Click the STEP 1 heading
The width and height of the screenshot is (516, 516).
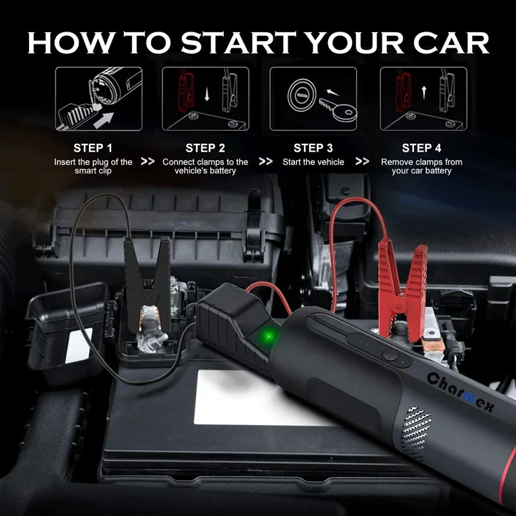point(93,148)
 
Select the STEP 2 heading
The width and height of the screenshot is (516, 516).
point(205,148)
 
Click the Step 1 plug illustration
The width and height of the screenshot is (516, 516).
point(98,99)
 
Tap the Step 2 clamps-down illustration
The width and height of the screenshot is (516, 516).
point(205,99)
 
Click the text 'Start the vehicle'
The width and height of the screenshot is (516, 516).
point(313,162)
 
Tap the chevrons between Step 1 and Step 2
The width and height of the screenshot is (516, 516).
point(148,162)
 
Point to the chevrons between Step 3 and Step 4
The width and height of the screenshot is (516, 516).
point(362,162)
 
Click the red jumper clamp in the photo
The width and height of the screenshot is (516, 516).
point(402,284)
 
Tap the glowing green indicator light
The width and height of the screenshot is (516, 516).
point(266,336)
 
